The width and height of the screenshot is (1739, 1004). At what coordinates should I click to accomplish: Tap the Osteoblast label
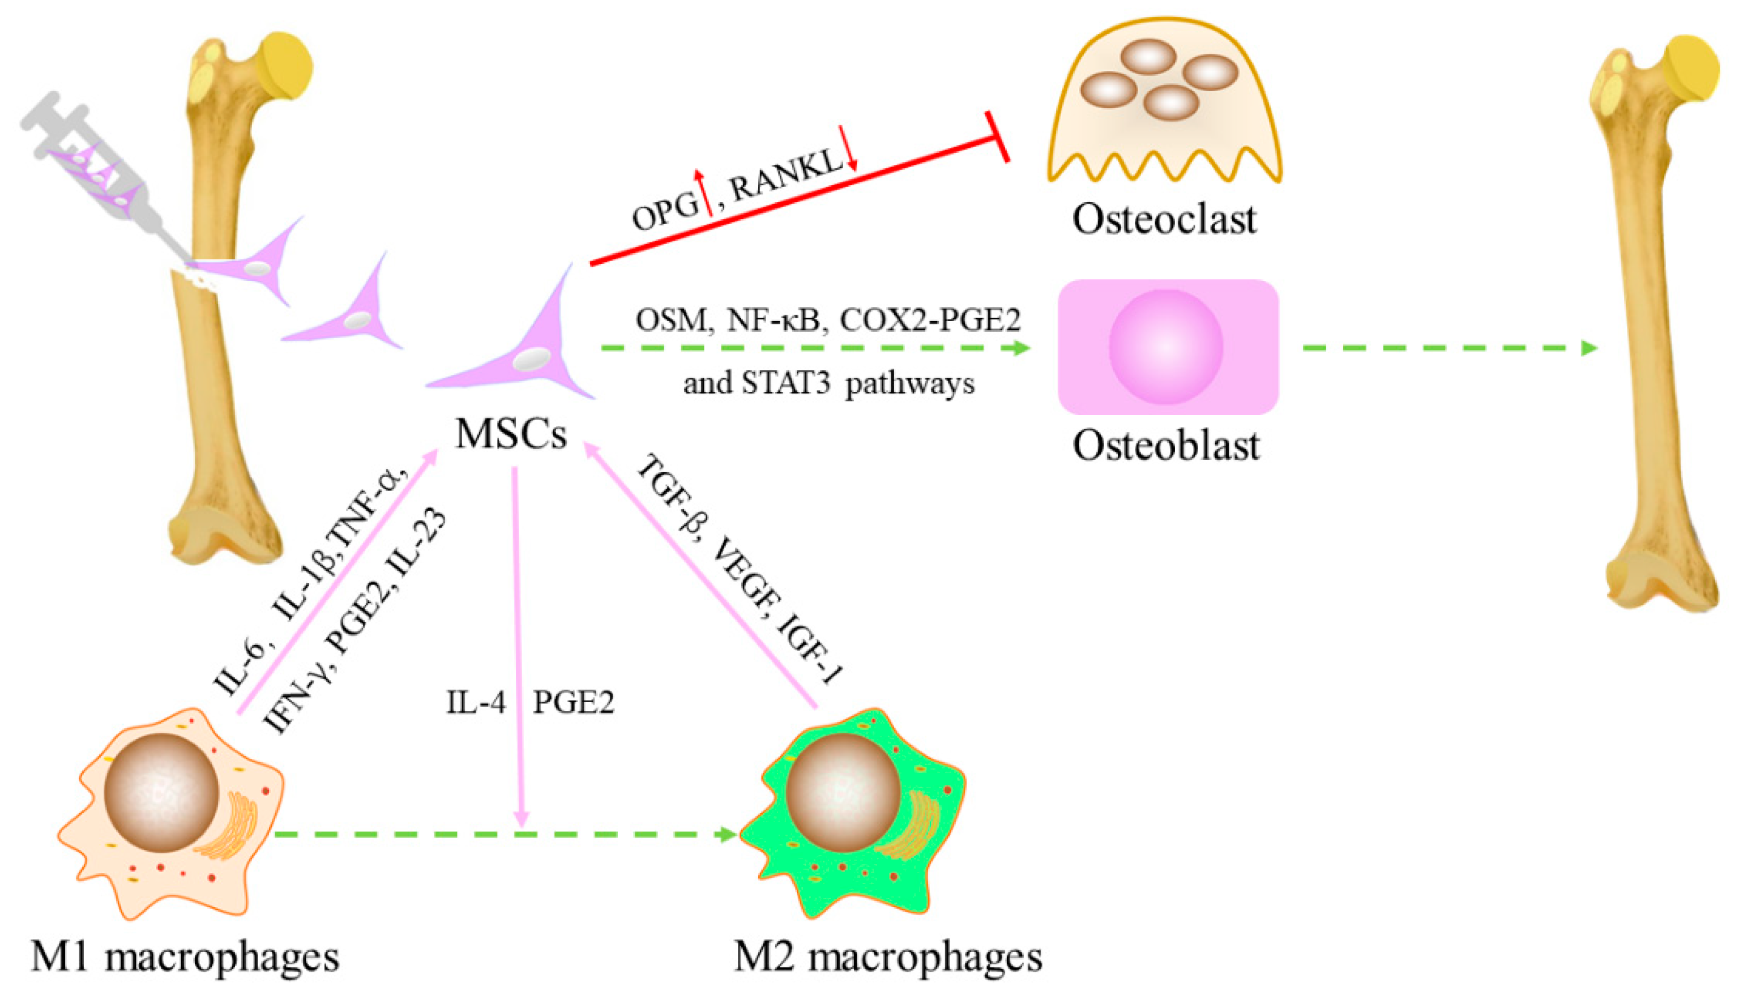pyautogui.click(x=1166, y=446)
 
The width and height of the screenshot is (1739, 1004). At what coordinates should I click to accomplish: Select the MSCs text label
pyautogui.click(x=511, y=434)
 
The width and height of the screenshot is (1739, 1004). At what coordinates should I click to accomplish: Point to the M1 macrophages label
pyautogui.click(x=185, y=957)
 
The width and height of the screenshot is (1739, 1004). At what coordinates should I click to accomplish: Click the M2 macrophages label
pyautogui.click(x=887, y=957)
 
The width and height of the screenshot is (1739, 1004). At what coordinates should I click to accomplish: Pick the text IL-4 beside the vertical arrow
pyautogui.click(x=476, y=703)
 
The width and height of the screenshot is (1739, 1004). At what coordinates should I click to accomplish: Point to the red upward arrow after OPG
pyautogui.click(x=704, y=193)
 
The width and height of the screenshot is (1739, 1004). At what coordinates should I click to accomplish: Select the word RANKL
pyautogui.click(x=786, y=176)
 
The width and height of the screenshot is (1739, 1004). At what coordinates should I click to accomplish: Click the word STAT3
pyautogui.click(x=785, y=383)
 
